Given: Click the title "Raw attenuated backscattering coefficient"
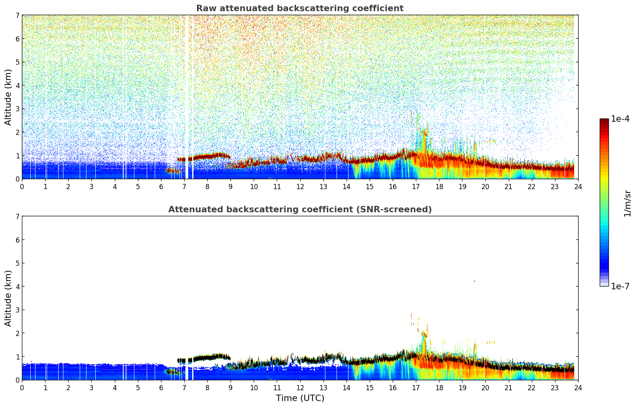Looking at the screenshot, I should (x=300, y=8).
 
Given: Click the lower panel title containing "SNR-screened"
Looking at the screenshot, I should (x=300, y=209).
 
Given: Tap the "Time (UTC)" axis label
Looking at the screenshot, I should (x=300, y=398).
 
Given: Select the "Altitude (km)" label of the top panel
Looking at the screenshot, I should (x=8, y=97).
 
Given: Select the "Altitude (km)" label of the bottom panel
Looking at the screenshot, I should (x=8, y=298).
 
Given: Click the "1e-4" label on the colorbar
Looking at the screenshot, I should (x=620, y=119).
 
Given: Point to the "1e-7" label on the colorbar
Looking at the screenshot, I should (x=620, y=286).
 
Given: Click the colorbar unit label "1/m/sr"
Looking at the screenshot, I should (x=627, y=203).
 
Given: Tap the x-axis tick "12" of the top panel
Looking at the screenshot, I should (x=300, y=186).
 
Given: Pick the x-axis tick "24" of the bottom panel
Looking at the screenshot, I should (x=578, y=387).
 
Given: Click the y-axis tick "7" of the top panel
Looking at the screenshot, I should (x=18, y=16).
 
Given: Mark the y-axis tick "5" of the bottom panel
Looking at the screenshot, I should (x=18, y=263).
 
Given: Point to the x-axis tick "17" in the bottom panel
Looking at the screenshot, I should (x=416, y=387).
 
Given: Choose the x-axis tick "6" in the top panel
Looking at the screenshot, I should (x=161, y=186).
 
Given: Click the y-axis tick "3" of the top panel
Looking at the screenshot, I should (x=18, y=109).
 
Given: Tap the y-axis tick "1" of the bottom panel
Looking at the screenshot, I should (x=18, y=357).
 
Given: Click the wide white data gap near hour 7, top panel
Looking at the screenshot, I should (x=186, y=96).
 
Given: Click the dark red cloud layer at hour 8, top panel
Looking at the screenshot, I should (x=207, y=156).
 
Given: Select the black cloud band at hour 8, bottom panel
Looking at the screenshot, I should (x=207, y=358).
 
